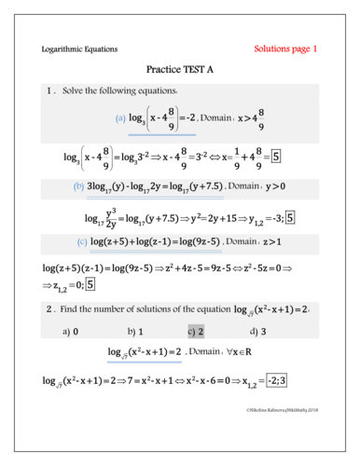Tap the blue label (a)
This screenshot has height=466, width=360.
(x=120, y=118)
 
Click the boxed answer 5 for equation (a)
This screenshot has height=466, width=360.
(x=276, y=156)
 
